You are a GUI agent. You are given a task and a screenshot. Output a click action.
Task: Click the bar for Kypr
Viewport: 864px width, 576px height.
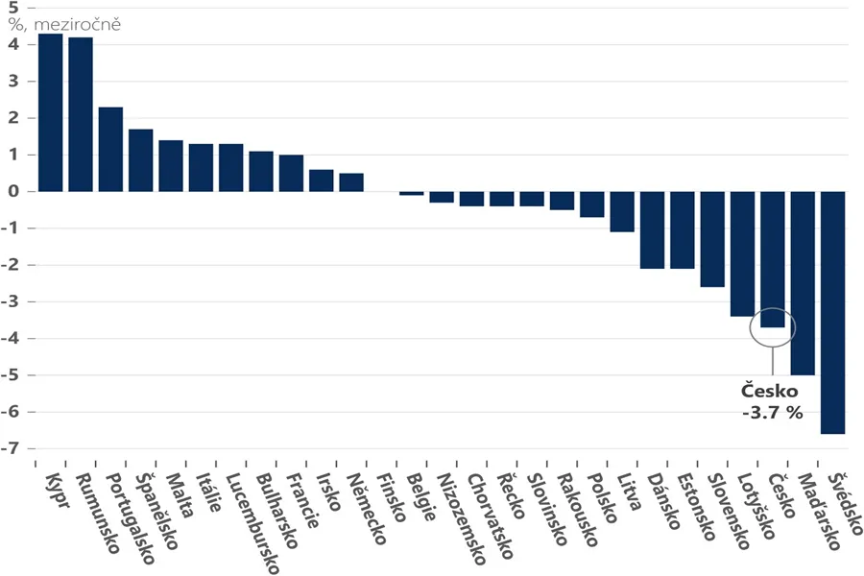[x=50, y=112]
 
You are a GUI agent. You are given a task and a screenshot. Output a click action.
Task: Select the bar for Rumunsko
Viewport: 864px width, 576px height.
[x=81, y=114]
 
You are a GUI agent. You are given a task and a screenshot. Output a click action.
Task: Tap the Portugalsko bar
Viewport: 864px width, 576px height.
[x=110, y=150]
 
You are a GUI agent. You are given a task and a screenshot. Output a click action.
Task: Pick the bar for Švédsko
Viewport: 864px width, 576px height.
[x=832, y=313]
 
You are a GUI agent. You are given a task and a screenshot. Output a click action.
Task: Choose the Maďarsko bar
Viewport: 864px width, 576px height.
[x=803, y=283]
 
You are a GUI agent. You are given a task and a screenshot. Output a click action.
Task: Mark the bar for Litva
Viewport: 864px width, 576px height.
[x=622, y=211]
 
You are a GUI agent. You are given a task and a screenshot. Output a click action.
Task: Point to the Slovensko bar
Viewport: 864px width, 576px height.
[x=712, y=239]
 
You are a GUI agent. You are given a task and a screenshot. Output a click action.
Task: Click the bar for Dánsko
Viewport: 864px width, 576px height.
[x=653, y=229]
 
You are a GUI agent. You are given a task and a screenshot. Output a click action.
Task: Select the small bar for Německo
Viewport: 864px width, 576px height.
[x=351, y=182]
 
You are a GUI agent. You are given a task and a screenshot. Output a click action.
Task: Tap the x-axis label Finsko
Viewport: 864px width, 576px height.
[x=392, y=497]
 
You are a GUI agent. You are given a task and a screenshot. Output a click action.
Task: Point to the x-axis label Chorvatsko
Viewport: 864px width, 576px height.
[x=491, y=516]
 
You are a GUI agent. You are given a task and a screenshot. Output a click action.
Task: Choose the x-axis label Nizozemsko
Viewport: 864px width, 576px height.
[x=461, y=518]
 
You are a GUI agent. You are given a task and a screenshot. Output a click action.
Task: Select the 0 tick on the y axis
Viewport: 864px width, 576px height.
[x=14, y=191]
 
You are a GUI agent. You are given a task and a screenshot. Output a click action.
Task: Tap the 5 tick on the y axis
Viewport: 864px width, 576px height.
[x=13, y=8]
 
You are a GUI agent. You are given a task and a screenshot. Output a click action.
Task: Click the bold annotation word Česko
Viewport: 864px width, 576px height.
[x=769, y=391]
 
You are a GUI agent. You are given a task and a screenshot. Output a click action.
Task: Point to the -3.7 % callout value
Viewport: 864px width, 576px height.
[x=773, y=412]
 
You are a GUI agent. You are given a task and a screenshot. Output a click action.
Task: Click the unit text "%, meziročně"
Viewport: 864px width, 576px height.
[x=64, y=25]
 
